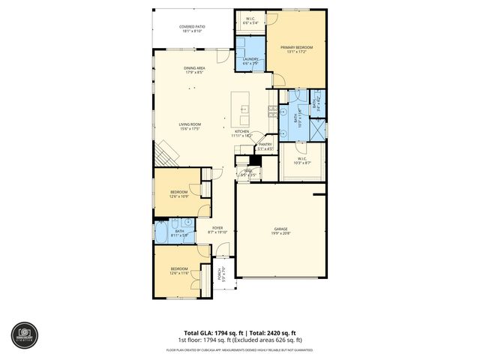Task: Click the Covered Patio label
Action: pyautogui.click(x=192, y=28)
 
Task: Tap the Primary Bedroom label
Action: pyautogui.click(x=297, y=49)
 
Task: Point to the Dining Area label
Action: pyautogui.click(x=195, y=70)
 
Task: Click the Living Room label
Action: pyautogui.click(x=190, y=126)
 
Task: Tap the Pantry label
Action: pyautogui.click(x=265, y=147)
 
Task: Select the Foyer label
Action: pyautogui.click(x=217, y=229)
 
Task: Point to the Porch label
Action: pyautogui.click(x=220, y=275)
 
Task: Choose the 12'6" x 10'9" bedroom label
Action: pyautogui.click(x=178, y=193)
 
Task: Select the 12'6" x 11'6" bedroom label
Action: pyautogui.click(x=178, y=271)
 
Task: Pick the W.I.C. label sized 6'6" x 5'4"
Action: pyautogui.click(x=250, y=21)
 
